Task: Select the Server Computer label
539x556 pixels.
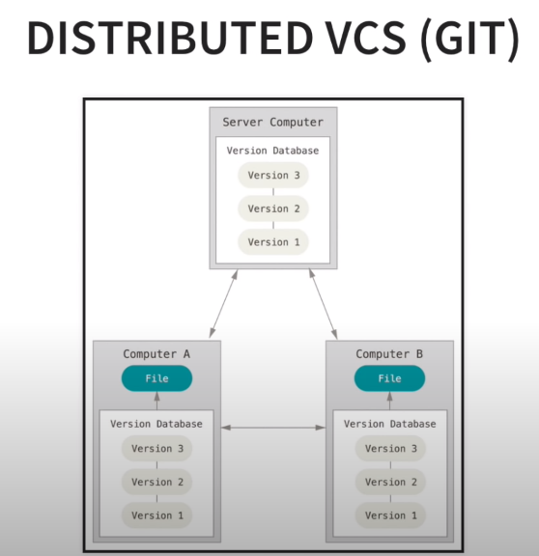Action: (x=273, y=122)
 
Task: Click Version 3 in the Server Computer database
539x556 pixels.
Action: (x=273, y=176)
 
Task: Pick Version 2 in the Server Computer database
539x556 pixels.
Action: (x=273, y=208)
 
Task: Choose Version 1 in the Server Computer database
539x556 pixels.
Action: (x=273, y=242)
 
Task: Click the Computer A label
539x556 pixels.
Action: (x=156, y=354)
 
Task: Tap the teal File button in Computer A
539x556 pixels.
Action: (x=156, y=378)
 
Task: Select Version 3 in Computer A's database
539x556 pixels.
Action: (x=156, y=449)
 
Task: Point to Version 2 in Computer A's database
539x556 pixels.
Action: (x=156, y=482)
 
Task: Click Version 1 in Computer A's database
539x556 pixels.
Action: (x=156, y=515)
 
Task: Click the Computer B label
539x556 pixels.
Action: (x=389, y=354)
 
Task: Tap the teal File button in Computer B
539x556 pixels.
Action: (x=389, y=378)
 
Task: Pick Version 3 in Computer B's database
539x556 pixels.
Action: (x=389, y=449)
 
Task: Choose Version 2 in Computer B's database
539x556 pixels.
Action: (x=389, y=482)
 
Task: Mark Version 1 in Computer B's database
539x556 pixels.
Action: (x=389, y=515)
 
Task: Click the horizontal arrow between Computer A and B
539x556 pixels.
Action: (x=273, y=428)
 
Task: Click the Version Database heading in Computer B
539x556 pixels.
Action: (x=389, y=424)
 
